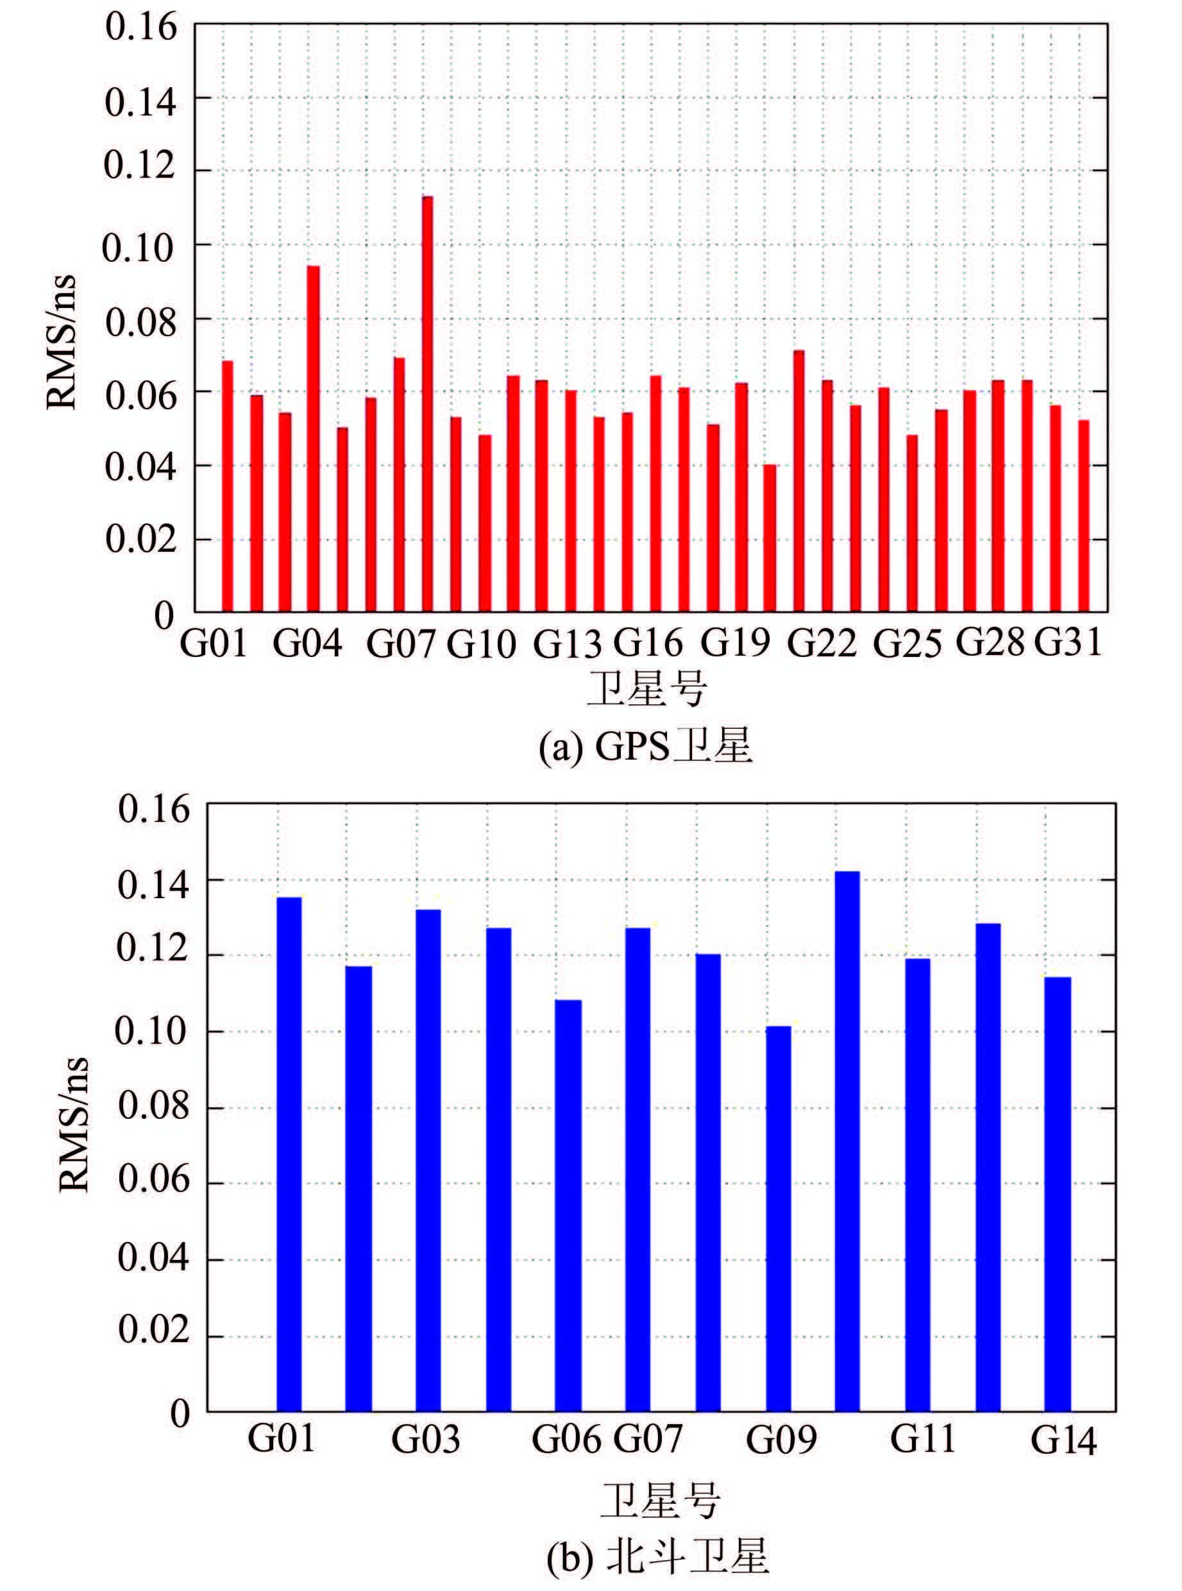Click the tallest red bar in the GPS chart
427,404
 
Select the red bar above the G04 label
314,439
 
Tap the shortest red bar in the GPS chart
769,538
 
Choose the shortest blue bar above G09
779,1219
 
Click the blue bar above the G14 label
1058,1194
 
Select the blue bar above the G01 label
289,1153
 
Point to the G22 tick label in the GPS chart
822,644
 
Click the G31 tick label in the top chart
1068,642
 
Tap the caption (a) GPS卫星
646,748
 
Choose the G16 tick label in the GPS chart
648,643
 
